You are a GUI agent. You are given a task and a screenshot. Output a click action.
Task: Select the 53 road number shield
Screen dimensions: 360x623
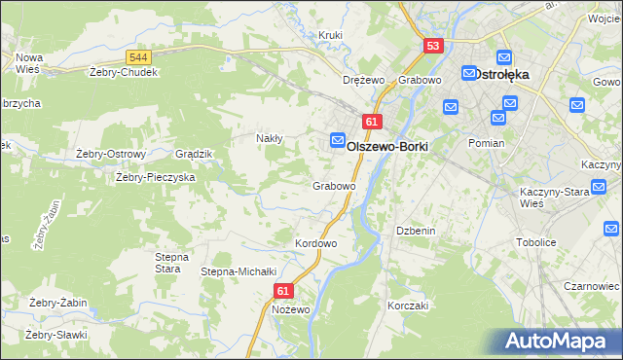click(x=433, y=46)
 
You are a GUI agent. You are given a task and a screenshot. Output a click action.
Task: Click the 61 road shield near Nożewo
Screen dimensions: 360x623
click(x=283, y=290)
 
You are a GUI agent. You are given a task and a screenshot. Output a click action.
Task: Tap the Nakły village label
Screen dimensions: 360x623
click(x=269, y=138)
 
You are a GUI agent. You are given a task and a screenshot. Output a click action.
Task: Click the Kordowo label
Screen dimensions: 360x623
click(x=315, y=243)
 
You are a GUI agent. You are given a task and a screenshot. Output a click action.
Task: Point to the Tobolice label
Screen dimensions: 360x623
click(x=535, y=243)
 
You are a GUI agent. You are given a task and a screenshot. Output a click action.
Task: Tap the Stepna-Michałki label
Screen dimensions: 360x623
click(x=239, y=271)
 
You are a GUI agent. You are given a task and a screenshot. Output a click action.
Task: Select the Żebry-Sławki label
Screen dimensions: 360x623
click(x=57, y=335)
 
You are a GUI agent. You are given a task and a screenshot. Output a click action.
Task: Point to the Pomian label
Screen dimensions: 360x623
click(x=486, y=143)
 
